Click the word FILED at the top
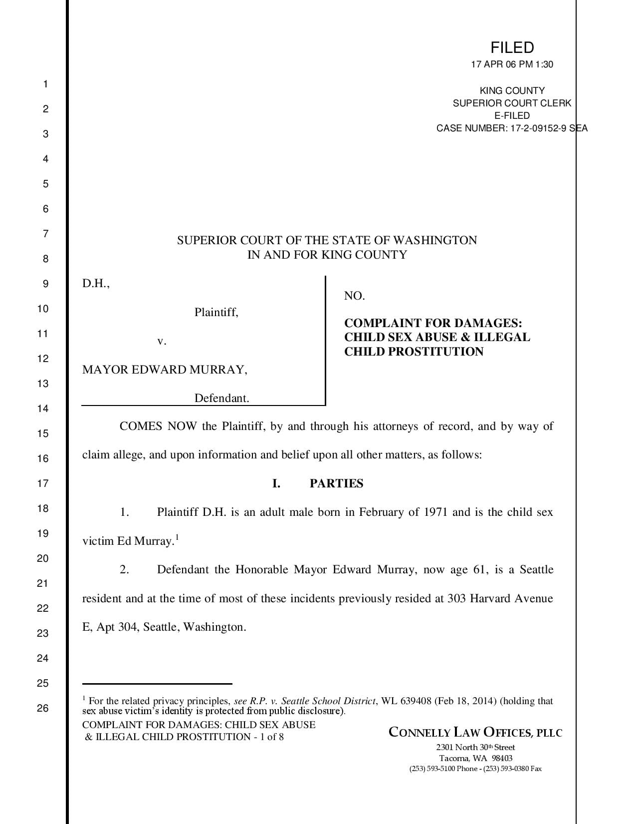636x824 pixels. pos(512,48)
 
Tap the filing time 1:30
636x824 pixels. pos(544,64)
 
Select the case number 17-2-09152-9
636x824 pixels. pos(538,128)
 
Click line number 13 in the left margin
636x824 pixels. pos(43,384)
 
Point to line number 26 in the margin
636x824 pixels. pos(43,708)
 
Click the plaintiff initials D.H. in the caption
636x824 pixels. pos(95,284)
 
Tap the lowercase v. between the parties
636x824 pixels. pos(162,341)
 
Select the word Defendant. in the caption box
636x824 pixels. pos(221,398)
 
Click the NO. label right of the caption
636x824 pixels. pos(354,296)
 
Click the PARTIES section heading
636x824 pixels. pos(336,483)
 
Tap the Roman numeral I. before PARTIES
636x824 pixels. pos(276,483)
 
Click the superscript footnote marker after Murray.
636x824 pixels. pos(177,537)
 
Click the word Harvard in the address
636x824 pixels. pos(491,598)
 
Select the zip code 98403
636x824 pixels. pos(502,758)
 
